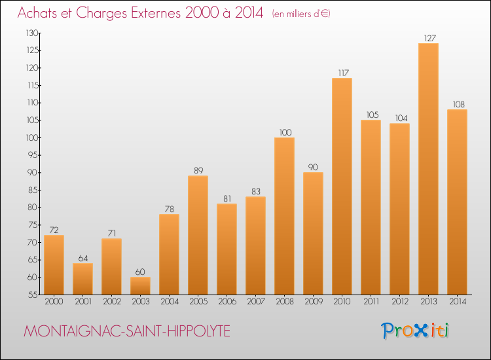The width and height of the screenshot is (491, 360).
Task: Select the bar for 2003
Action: point(140,286)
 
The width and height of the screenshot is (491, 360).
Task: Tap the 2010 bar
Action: point(342,187)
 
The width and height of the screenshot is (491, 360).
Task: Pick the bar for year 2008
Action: point(284,216)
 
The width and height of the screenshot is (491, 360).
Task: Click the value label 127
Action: point(428,38)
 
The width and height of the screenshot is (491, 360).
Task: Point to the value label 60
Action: point(140,272)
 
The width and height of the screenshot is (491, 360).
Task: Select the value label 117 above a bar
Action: point(342,73)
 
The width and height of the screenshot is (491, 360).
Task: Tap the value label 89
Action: point(198,170)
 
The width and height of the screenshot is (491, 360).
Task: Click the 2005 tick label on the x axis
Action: point(198,301)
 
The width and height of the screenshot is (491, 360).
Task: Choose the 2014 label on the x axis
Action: point(457,301)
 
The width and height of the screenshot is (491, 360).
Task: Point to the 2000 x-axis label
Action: point(54,301)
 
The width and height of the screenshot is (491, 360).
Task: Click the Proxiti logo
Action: point(416,331)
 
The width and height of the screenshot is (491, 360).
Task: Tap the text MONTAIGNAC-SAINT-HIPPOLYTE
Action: point(126,331)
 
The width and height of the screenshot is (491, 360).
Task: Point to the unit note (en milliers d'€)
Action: point(301,14)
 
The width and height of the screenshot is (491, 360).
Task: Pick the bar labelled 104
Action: point(399,209)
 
